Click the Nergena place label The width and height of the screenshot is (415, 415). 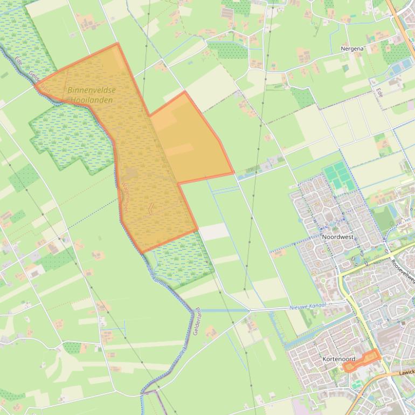[x=352, y=49]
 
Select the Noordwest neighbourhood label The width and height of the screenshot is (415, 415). [x=337, y=237]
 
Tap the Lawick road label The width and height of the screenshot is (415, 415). [x=407, y=372]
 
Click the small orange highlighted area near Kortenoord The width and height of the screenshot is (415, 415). [x=362, y=360]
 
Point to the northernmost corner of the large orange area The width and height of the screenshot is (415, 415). [x=117, y=44]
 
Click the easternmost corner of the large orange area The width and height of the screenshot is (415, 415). [x=233, y=173]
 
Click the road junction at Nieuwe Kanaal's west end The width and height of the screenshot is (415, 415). [x=249, y=310]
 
